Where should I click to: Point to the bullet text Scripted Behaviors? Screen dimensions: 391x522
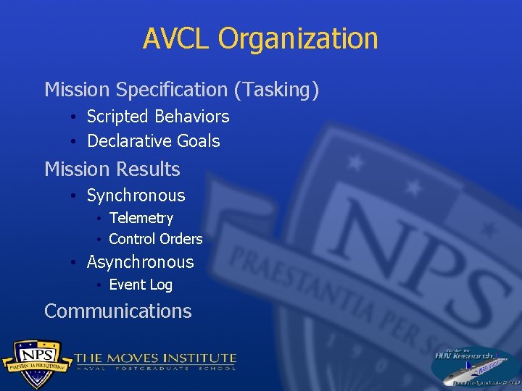point(157,117)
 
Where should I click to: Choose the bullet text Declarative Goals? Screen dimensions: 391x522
point(153,141)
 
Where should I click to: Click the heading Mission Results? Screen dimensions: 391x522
point(112,169)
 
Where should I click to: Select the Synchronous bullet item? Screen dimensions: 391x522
point(136,195)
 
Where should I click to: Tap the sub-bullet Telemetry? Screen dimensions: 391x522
point(141,218)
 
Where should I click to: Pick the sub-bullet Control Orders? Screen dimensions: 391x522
point(155,239)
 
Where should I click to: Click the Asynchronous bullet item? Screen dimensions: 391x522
point(140,262)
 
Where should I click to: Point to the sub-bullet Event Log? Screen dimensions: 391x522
point(140,285)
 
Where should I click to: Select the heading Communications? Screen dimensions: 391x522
point(117,311)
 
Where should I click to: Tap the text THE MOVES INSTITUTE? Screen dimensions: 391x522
point(156,358)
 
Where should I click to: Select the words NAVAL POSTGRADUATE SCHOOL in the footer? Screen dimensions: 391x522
point(156,369)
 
